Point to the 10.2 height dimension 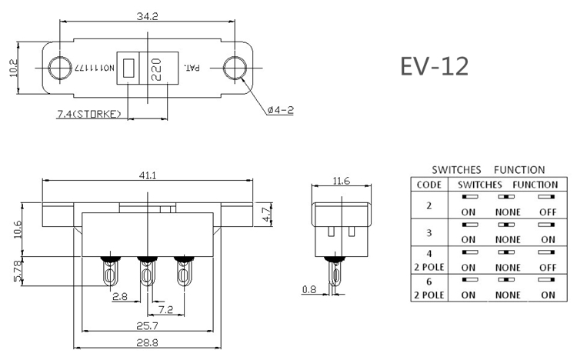14,68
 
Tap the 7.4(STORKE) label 89,115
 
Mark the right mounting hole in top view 235,68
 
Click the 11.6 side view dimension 342,181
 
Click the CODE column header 429,185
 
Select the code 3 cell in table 429,232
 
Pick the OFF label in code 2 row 547,212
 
